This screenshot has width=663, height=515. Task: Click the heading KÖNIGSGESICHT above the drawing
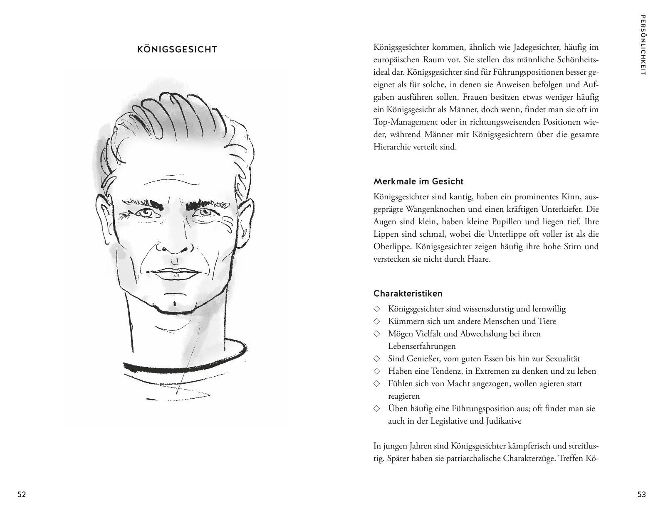[177, 50]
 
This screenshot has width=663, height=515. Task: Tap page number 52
[22, 494]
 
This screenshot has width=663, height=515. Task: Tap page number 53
[641, 494]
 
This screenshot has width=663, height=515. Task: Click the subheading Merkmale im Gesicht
[418, 181]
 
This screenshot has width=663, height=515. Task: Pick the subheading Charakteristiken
[408, 294]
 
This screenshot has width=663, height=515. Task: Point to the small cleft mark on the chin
[174, 304]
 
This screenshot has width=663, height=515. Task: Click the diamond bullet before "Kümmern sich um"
[377, 321]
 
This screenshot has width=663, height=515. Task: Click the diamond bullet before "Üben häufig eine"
[377, 408]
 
